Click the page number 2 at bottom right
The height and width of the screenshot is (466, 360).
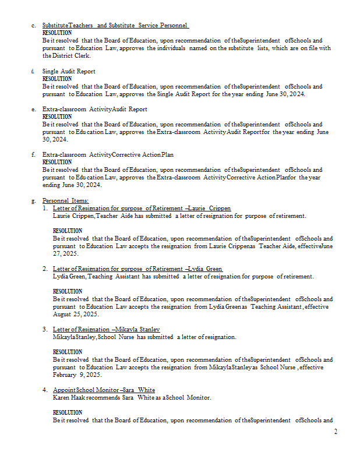tap(336, 432)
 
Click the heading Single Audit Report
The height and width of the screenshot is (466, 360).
tap(69, 71)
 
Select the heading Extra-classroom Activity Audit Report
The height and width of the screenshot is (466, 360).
tap(94, 109)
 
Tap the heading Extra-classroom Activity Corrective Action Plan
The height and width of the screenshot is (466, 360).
tap(108, 154)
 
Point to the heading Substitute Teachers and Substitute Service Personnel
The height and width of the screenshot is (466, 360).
tap(115, 26)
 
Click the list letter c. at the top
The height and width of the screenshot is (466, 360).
tap(34, 26)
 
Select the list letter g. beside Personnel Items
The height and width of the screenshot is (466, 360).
tap(34, 200)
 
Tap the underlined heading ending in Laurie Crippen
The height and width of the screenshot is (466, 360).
tap(142, 208)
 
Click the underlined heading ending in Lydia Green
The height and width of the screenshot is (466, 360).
tap(137, 269)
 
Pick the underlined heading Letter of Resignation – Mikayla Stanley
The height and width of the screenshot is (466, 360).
tap(106, 329)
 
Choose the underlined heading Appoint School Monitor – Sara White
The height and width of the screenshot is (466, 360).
tap(104, 390)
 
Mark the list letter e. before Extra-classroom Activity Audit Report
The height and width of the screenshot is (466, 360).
tap(34, 109)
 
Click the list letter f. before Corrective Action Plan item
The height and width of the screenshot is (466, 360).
tap(33, 154)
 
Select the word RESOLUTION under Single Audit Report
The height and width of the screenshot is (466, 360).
tap(57, 79)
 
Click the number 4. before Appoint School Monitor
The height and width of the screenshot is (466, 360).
tap(45, 390)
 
